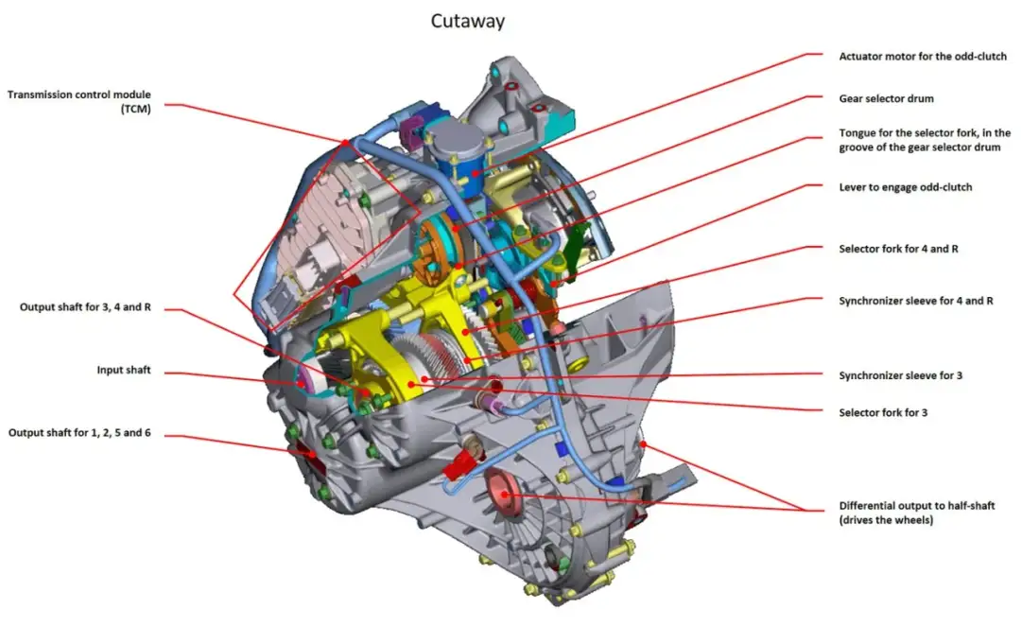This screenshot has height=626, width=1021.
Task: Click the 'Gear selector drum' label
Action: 886,98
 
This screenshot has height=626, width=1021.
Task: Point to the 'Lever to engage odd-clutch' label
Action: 905,187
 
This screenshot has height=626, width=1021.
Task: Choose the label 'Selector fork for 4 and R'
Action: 892,249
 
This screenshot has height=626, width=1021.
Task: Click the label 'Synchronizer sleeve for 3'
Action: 900,375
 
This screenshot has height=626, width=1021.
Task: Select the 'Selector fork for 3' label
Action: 885,412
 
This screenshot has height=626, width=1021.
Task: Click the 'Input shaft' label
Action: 124,371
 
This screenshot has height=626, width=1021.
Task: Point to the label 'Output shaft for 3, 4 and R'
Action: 87,307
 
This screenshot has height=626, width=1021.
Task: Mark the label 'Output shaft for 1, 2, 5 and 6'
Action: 79,433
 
